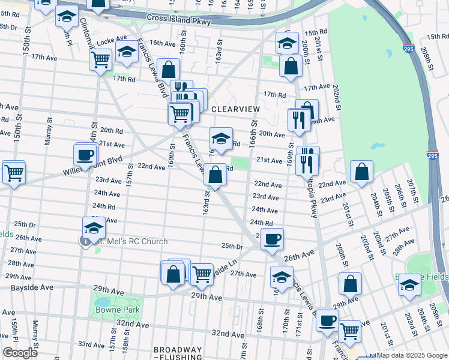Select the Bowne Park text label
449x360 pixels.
tap(117, 310)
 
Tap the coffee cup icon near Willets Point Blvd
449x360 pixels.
tap(85, 155)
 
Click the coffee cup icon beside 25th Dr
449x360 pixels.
tap(272, 239)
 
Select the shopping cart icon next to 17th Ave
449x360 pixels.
tap(100, 59)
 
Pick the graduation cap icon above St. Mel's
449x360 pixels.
tap(94, 227)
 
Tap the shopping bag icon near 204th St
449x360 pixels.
tap(361, 172)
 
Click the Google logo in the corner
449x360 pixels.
tap(20, 352)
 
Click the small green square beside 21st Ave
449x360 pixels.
tap(240, 163)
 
